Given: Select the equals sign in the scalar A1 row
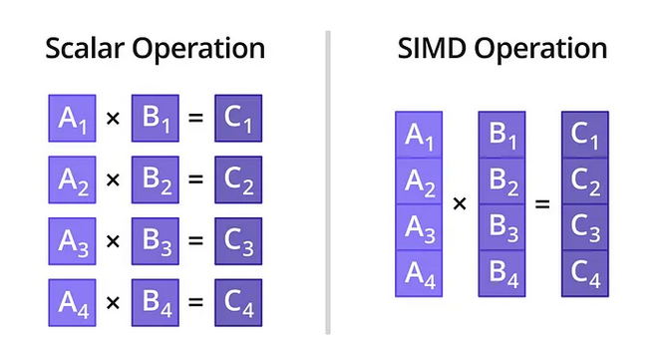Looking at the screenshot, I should tap(195, 120).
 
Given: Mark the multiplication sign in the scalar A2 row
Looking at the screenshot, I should tap(113, 180).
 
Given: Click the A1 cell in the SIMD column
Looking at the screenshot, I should tap(419, 137).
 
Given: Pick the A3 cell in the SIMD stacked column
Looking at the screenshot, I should tap(419, 227).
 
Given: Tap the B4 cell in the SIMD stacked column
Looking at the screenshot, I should tap(502, 272).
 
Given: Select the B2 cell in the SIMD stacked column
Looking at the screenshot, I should tap(502, 181).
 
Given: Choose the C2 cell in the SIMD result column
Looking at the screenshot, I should tap(585, 181).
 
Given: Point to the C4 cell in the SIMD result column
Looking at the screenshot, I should tap(585, 272).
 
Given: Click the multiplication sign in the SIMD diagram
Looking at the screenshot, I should tap(460, 204).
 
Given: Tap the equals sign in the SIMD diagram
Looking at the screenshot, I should tap(542, 204).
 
